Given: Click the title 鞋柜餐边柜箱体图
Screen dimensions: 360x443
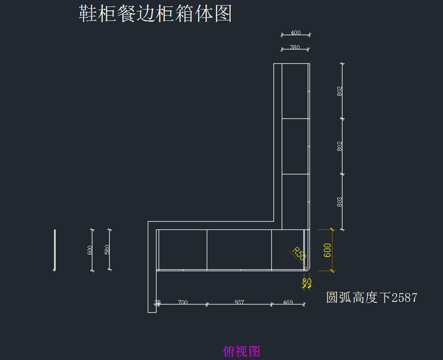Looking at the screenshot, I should pos(155,14).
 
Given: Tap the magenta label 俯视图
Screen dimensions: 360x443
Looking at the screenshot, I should pos(242,351).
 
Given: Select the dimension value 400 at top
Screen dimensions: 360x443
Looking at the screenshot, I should pos(296,32).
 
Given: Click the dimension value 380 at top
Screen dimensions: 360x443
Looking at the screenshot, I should pos(295,47).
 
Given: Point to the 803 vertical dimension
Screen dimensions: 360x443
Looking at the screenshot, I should pos(340,202).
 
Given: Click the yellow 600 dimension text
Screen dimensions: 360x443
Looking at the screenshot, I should pos(327,250).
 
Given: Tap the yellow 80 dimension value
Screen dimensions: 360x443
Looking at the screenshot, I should pos(306,282).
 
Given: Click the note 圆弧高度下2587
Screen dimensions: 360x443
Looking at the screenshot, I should pos(372,297).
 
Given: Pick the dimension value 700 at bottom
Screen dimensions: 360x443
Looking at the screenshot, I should pos(183,302).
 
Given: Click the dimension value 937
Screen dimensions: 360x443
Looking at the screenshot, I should pos(239,302).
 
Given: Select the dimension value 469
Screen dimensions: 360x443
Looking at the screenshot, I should pos(288,302).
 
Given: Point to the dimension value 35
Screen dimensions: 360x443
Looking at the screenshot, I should pos(158,302).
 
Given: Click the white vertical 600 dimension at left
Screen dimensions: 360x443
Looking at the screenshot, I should pos(90,250).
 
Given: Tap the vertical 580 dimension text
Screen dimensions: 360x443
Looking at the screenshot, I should pos(107,250).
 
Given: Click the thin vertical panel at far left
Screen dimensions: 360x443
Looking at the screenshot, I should pos(55,250).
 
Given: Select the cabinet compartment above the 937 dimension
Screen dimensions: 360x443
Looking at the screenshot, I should pos(239,250).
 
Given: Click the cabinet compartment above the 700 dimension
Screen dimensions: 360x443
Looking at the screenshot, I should pos(183,250).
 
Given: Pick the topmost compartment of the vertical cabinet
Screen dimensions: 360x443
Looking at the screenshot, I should pos(295,91).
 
